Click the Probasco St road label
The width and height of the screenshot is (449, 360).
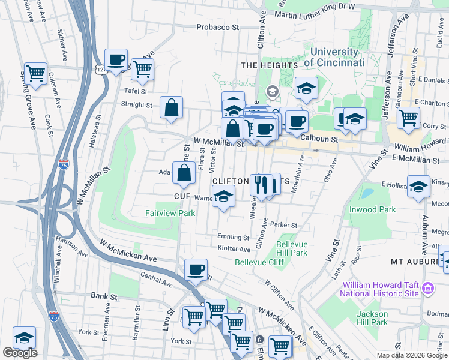[218, 27]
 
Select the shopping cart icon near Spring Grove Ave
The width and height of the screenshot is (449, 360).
[36, 74]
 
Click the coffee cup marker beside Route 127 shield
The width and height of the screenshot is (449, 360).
[116, 60]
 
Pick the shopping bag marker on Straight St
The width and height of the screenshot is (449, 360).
[172, 108]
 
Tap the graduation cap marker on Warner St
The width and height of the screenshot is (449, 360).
[223, 197]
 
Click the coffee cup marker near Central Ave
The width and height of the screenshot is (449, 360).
[196, 271]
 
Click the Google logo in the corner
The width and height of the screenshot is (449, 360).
[20, 353]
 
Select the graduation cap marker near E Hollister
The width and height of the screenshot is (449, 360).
[418, 186]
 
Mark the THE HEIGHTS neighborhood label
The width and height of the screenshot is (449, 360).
[269, 65]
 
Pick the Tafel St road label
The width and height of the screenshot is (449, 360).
[135, 91]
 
